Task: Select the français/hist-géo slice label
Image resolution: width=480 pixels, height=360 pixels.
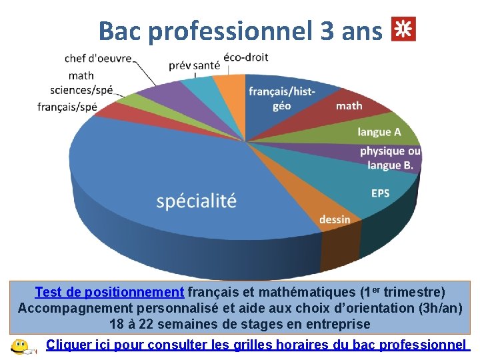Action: coord(281,98)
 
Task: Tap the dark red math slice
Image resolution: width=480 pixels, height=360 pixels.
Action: coord(349,105)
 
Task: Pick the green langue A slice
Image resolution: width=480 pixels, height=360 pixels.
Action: coord(379,132)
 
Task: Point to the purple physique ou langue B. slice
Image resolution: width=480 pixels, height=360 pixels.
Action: coord(390,159)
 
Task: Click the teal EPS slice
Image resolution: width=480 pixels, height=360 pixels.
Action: coord(380,193)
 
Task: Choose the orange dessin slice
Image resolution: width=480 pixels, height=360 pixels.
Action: coord(334,219)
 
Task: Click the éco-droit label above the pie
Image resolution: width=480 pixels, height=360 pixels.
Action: coord(246,57)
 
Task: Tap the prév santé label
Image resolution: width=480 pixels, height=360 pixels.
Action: coord(194,65)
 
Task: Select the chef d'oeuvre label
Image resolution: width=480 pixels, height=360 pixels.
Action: coord(98,59)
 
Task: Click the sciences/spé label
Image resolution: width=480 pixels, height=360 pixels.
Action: coord(82,90)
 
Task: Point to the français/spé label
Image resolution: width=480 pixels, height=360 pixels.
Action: coord(67,106)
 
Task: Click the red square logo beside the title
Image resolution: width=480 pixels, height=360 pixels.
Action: coord(403,29)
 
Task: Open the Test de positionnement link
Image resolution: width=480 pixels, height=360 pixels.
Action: coord(109,292)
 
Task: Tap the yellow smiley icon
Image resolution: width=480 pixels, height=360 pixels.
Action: coord(20,347)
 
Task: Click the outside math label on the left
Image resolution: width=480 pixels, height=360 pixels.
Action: coord(81,75)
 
